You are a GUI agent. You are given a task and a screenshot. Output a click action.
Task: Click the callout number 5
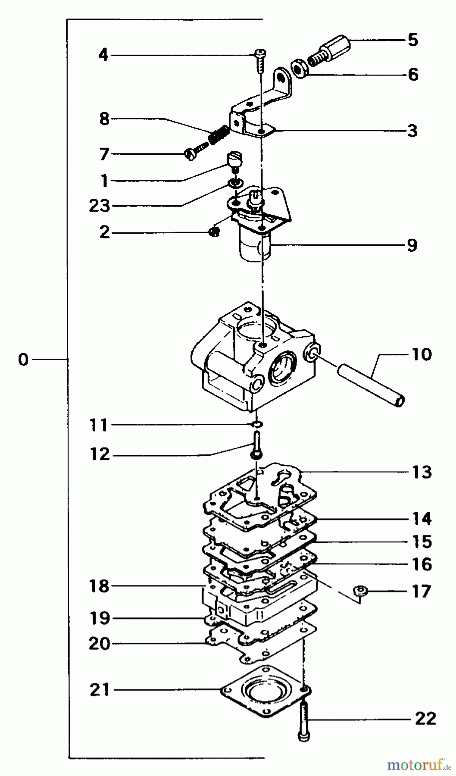(x=412, y=40)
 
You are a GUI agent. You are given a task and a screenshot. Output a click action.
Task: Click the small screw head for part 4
(x=260, y=53)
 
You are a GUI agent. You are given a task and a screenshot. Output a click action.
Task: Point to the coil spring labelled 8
(x=218, y=135)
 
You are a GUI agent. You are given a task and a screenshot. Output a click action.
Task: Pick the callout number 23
(x=100, y=206)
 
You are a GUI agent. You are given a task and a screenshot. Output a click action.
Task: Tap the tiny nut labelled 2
(x=213, y=232)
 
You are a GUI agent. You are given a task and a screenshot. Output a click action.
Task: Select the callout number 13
(x=422, y=472)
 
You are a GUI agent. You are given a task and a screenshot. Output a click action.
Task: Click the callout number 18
(x=100, y=586)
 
